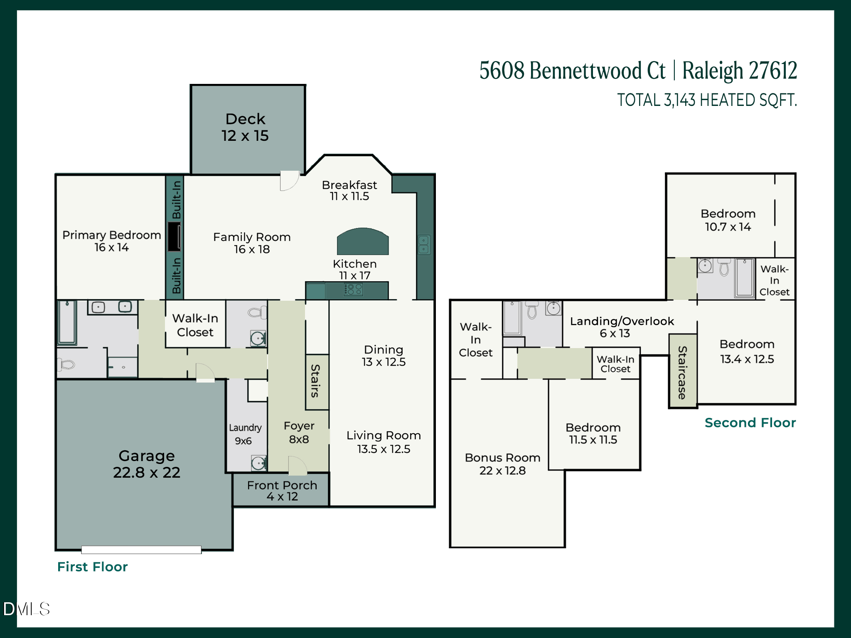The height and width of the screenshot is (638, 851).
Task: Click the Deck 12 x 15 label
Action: tap(245, 128)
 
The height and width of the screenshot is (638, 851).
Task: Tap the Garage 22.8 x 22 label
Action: tap(146, 464)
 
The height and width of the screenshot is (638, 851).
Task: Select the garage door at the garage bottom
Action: tap(141, 550)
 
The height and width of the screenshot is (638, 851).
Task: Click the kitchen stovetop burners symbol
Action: tap(354, 289)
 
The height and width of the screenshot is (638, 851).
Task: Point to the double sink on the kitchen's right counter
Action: tap(423, 245)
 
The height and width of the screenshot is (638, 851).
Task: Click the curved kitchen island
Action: tap(362, 242)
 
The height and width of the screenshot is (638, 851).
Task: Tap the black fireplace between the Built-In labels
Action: tap(174, 236)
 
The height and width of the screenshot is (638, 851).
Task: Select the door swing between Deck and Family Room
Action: tap(289, 181)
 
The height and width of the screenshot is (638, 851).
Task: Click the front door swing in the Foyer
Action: tap(297, 466)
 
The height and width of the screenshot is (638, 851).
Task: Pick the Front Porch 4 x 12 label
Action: tap(282, 491)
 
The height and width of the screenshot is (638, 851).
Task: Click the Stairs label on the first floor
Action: tap(316, 381)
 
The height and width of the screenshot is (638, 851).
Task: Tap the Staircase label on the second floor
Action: tap(682, 372)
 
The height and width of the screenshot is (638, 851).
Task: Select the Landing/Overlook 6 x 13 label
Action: tap(621, 327)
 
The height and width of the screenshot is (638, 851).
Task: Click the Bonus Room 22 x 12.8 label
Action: tap(502, 464)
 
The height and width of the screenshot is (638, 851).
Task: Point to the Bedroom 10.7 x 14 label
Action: tap(728, 220)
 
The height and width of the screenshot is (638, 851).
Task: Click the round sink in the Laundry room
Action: tap(258, 462)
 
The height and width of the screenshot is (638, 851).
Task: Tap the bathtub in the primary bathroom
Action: tap(67, 322)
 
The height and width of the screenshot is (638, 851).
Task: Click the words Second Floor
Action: tap(750, 422)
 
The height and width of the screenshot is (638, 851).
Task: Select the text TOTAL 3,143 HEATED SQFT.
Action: tap(706, 100)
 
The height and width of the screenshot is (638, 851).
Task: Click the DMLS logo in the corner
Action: tap(26, 609)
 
